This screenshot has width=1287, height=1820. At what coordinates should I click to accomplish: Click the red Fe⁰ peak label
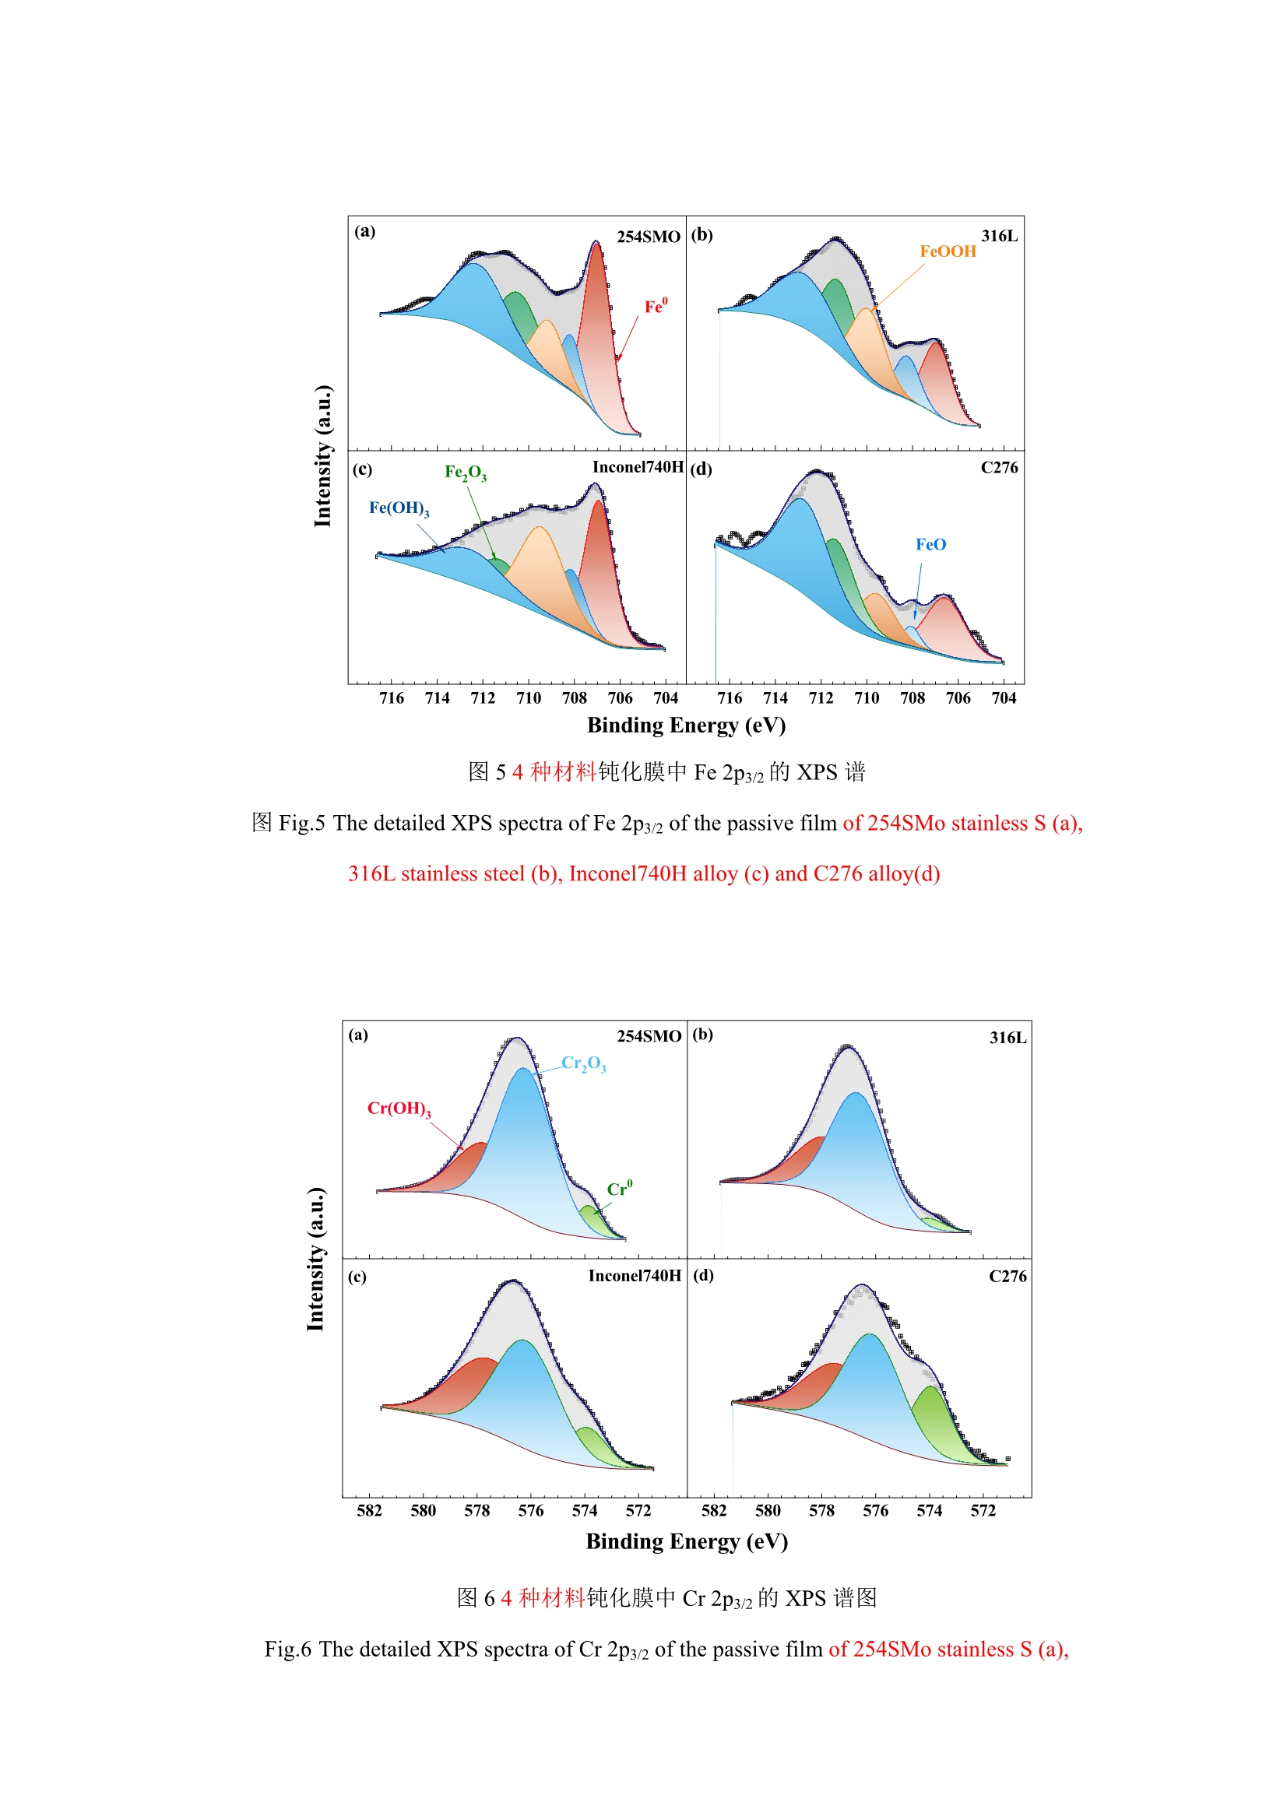(x=655, y=307)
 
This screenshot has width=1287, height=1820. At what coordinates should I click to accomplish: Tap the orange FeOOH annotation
(x=947, y=251)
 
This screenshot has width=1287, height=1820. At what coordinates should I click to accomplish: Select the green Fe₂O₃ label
(x=466, y=473)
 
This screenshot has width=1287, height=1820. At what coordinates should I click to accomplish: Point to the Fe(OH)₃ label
(x=399, y=508)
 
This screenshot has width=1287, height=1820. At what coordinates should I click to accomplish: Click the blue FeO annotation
(x=930, y=545)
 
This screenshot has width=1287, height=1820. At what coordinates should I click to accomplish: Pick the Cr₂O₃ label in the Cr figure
(x=584, y=1063)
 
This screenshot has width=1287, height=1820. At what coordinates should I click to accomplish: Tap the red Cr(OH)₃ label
(x=399, y=1109)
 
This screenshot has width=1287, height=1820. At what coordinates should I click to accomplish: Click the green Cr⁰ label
(x=619, y=1189)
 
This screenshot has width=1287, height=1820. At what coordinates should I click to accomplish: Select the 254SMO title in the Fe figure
(x=648, y=237)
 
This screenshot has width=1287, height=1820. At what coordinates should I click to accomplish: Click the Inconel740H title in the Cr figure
(x=635, y=1275)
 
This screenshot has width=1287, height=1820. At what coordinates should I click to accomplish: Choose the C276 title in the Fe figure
(x=998, y=468)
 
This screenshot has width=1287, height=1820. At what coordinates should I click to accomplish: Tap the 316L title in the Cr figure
(x=1007, y=1038)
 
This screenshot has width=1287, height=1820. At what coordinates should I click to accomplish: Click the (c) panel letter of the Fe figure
(x=362, y=469)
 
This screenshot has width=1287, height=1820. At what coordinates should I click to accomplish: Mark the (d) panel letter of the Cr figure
(x=702, y=1275)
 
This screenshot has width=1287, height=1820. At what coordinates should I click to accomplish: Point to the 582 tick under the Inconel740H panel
(x=370, y=1511)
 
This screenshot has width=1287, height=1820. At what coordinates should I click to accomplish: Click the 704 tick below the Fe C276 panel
(x=1003, y=698)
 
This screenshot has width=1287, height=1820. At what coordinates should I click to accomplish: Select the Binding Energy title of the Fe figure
(x=686, y=726)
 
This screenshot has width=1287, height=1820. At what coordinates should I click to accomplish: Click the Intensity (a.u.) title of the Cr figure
(x=315, y=1260)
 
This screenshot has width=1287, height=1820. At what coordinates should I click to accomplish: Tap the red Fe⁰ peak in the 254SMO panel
(x=596, y=317)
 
